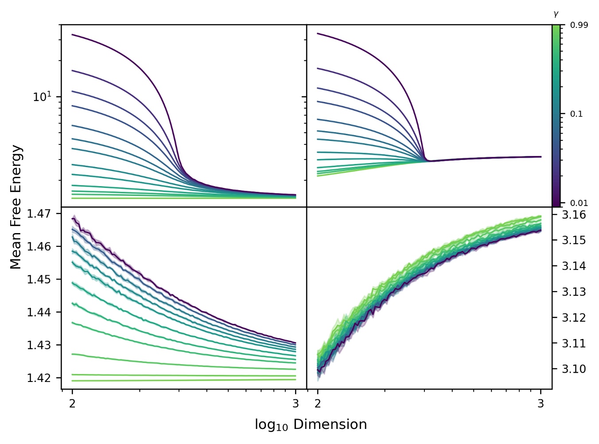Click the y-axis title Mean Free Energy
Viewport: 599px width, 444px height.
coord(16,207)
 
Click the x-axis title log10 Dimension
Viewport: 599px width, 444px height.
coord(311,425)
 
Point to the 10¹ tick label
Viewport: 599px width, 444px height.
coord(43,97)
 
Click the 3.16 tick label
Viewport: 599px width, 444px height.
coord(574,215)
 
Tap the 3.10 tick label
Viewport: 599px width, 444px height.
coord(574,369)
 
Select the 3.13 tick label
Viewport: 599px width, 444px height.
coord(574,292)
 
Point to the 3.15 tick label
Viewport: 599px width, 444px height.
coord(574,240)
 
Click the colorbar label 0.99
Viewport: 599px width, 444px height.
coord(579,25)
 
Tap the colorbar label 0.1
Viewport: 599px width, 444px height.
coord(576,114)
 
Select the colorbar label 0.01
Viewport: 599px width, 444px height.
coord(579,203)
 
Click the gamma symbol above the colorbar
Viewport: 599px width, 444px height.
coord(556,15)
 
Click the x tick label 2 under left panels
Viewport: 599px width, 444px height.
coord(72,403)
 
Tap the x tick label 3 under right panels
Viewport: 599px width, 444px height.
coord(541,403)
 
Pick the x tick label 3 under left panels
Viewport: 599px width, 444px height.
coord(296,403)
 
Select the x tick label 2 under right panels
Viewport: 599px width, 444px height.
coord(318,403)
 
